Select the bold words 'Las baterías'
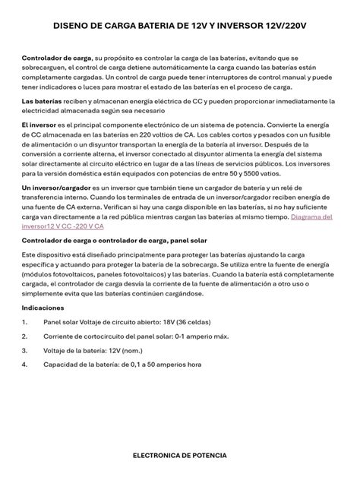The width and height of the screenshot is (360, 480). click(x=41, y=101)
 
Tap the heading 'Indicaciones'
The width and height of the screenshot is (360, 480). click(x=43, y=308)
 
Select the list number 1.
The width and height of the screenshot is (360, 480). click(x=25, y=322)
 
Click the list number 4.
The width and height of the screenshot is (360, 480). click(x=25, y=365)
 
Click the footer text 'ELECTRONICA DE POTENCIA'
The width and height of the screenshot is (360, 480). click(x=179, y=456)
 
